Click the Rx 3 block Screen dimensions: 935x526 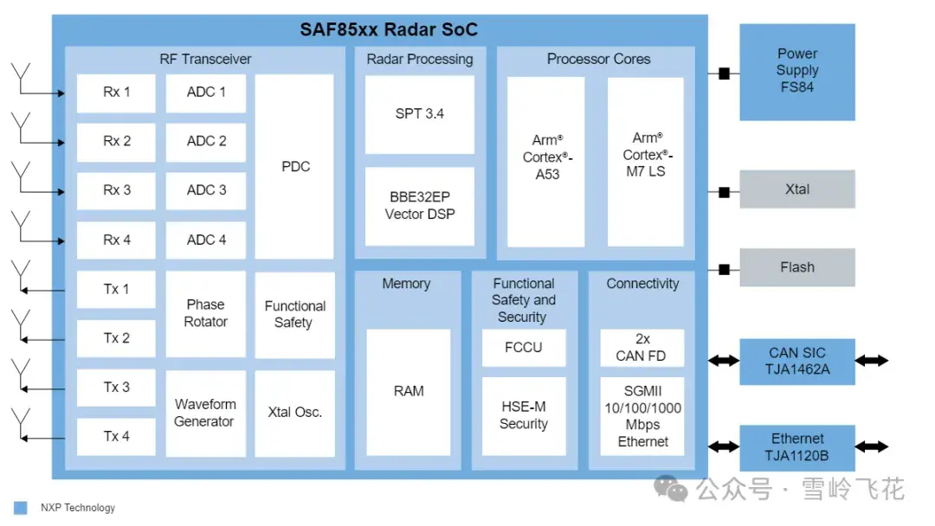[x=116, y=190]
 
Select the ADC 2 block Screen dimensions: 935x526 [x=206, y=142]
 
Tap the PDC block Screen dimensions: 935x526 [x=294, y=167]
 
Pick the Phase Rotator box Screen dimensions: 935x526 [x=206, y=314]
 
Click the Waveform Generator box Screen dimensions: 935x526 [x=206, y=414]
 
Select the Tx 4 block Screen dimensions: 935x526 [x=116, y=437]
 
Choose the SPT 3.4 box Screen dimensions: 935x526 [x=420, y=114]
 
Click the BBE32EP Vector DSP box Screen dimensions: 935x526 [x=420, y=206]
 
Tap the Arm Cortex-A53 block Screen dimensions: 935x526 [x=546, y=162]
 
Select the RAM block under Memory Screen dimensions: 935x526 [x=409, y=392]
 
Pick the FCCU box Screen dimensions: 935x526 [x=524, y=348]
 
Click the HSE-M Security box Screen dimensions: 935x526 [x=524, y=416]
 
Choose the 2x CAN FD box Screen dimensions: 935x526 [x=642, y=348]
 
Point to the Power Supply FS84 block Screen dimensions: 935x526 [x=797, y=72]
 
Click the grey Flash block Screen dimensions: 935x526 [x=797, y=267]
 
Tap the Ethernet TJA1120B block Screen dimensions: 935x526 [x=797, y=448]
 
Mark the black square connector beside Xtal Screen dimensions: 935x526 [x=724, y=192]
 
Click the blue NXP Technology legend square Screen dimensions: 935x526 [x=20, y=508]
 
